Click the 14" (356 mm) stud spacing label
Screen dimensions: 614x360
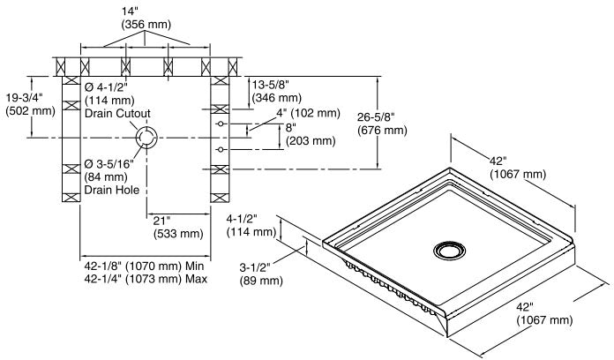coord(146,18)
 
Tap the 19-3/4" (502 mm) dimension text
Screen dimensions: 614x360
coord(30,104)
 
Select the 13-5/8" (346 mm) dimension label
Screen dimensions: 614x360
coord(277,91)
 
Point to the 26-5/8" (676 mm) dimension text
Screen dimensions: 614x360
coord(382,123)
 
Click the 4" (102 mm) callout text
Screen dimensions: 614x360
coord(308,113)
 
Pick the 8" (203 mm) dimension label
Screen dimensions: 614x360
coord(311,134)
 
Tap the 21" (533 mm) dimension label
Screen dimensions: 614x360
coord(178,227)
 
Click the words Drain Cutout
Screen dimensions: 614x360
coord(117,113)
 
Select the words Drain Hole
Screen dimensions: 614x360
coord(112,190)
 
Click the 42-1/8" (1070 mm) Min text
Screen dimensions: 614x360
coord(144,266)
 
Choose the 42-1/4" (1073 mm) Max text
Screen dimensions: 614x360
coord(146,279)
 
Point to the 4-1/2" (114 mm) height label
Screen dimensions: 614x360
coord(251,225)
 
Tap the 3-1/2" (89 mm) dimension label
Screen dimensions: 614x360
coord(261,274)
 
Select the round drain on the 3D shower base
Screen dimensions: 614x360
coord(450,251)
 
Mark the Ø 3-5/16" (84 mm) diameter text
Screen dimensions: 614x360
coord(109,170)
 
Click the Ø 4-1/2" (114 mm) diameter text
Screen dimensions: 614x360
coord(109,94)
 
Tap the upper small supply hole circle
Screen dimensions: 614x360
coord(221,124)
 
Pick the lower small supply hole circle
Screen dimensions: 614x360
coord(221,149)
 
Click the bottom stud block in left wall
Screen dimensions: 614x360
coord(71,198)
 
